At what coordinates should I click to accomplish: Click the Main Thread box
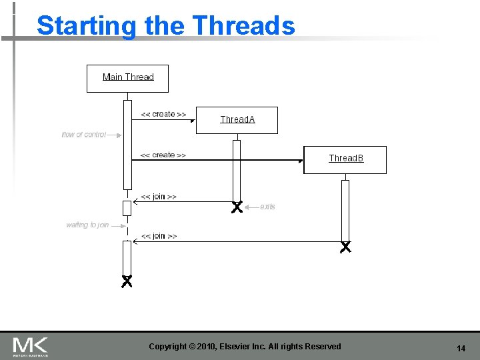click(x=127, y=78)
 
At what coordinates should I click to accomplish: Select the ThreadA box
click(x=237, y=120)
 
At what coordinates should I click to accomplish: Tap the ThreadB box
click(x=345, y=159)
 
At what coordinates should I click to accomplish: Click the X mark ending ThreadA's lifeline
click(x=236, y=207)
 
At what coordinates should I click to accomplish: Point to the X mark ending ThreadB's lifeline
click(x=345, y=247)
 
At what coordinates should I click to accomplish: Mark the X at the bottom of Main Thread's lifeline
click(x=127, y=281)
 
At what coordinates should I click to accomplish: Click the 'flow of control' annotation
click(x=84, y=135)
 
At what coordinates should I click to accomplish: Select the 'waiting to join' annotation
click(x=87, y=225)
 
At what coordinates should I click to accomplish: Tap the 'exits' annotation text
click(x=267, y=207)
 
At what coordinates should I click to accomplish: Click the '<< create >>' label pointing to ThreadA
click(x=163, y=114)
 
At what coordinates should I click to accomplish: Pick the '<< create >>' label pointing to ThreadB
click(x=163, y=155)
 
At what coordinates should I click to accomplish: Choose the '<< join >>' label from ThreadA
click(x=159, y=197)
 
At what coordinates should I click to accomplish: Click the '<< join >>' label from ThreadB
click(x=159, y=236)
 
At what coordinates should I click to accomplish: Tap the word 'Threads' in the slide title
click(x=243, y=25)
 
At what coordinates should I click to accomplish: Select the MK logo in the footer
click(x=30, y=346)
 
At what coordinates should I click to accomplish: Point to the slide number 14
click(x=461, y=349)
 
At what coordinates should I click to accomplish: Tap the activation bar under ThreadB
click(x=345, y=210)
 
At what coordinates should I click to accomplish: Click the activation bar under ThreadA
click(x=236, y=170)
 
